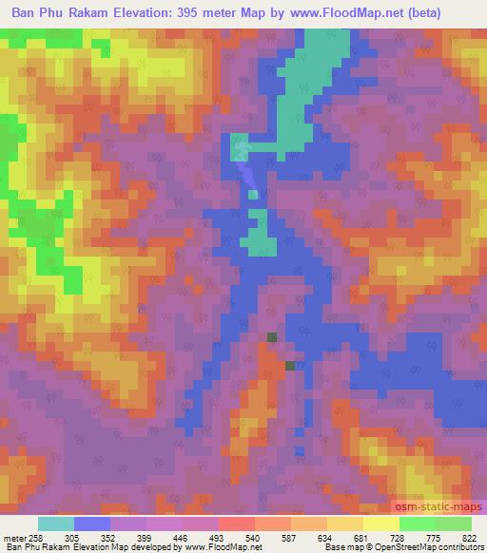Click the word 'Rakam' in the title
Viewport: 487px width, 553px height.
(102, 13)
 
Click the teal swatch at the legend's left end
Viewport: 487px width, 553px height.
(57, 524)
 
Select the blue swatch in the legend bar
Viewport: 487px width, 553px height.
(92, 524)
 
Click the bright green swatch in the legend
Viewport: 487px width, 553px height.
(417, 524)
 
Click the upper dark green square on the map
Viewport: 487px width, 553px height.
(273, 337)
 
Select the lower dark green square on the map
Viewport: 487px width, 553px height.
(290, 365)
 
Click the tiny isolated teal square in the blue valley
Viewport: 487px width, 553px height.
(253, 195)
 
